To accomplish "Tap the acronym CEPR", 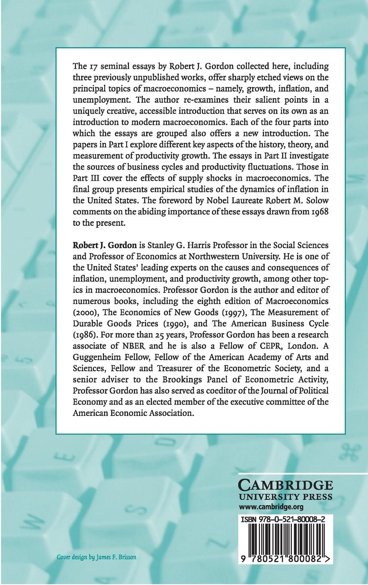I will tap(265, 346).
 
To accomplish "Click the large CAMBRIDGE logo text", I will tap(285, 485).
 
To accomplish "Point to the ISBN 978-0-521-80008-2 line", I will tap(285, 520).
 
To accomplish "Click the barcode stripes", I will tap(285, 541).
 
